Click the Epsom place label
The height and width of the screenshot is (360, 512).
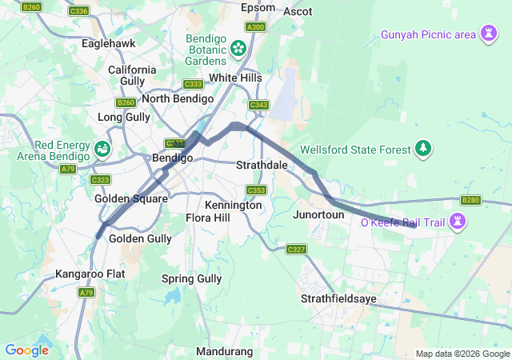click(x=258, y=8)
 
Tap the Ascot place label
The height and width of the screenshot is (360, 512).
click(x=297, y=11)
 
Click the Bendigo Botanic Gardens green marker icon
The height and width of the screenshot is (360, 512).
click(x=238, y=49)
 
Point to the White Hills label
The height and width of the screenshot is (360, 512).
click(x=235, y=78)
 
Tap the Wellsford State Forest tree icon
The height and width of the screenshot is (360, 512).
click(x=423, y=149)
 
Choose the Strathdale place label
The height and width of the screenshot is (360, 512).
click(x=262, y=165)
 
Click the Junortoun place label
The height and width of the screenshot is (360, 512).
click(x=318, y=214)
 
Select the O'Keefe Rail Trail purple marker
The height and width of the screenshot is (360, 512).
click(x=458, y=221)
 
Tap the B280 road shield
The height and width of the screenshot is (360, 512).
click(x=470, y=200)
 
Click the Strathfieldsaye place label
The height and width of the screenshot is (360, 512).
click(x=338, y=298)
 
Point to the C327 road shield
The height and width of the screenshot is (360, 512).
click(x=296, y=250)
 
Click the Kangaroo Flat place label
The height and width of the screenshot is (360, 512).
click(x=90, y=274)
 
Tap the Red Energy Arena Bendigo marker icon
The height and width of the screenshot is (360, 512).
click(x=103, y=148)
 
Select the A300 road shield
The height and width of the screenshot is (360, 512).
click(x=255, y=26)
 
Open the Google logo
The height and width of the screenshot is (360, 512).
click(x=26, y=350)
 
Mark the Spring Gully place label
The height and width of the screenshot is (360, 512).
click(x=192, y=278)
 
